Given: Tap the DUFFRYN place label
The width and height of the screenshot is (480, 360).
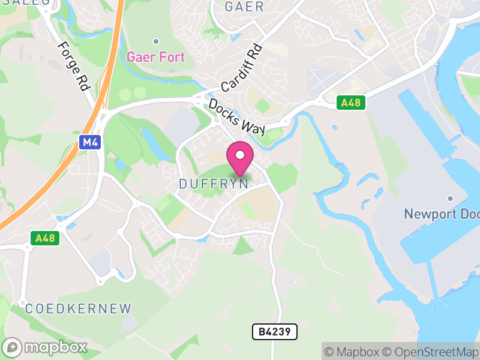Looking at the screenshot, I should (214, 184).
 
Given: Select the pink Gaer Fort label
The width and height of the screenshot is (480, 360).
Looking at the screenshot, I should (156, 58).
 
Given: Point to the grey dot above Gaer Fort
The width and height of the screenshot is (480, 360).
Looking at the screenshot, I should (156, 41).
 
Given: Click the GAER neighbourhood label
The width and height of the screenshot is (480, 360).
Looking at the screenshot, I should (244, 7).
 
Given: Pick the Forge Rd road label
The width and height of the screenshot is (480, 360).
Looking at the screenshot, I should (73, 66).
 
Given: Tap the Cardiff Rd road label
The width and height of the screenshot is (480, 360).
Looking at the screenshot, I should (242, 67).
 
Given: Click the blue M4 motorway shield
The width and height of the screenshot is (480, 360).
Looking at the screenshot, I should (88, 142).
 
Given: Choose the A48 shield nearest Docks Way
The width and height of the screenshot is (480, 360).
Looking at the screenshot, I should (350, 103).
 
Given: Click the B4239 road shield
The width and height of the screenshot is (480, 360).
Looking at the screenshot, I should (274, 332).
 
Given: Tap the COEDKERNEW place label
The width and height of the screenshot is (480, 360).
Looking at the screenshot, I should (78, 309).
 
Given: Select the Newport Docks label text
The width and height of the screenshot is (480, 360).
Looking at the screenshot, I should (442, 214).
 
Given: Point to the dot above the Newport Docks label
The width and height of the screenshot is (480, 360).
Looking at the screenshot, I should (449, 199).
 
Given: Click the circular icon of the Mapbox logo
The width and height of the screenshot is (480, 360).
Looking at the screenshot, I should (13, 347).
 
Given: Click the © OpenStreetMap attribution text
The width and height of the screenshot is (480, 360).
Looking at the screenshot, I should (430, 352).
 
